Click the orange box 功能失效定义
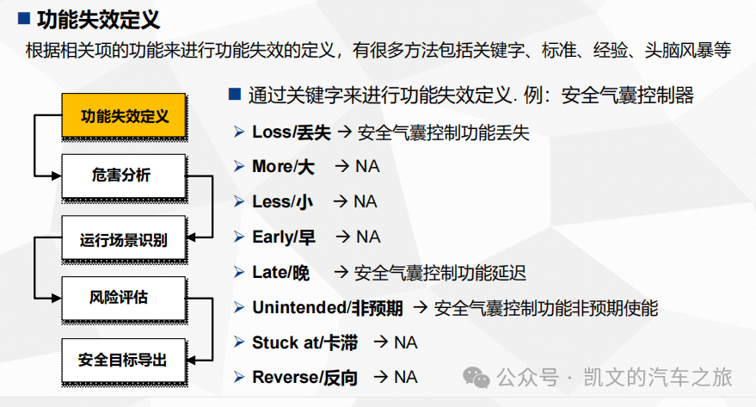tap(124, 115)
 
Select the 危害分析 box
tap(124, 176)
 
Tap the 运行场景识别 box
tap(124, 240)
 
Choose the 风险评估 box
tap(124, 298)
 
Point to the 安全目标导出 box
tap(124, 361)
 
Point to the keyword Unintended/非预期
tap(327, 307)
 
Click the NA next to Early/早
tap(368, 236)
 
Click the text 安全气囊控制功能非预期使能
tap(546, 307)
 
